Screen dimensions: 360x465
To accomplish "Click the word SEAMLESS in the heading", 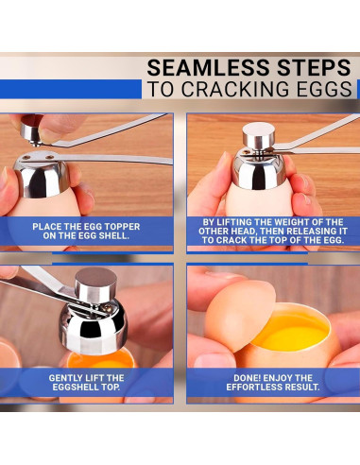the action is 209,67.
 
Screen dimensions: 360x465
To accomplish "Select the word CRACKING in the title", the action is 235,89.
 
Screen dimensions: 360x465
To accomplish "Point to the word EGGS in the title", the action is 323,89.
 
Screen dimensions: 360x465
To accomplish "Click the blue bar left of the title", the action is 71,89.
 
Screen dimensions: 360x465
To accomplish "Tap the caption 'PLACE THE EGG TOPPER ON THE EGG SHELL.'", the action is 86,231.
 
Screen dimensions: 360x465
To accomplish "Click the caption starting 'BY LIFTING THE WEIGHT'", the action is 273,231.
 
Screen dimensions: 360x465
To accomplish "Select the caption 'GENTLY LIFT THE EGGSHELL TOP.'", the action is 86,382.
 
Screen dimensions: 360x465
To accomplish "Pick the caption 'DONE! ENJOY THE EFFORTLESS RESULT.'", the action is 273,382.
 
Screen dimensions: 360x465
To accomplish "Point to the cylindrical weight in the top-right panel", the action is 259,135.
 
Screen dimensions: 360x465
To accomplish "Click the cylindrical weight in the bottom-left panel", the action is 95,285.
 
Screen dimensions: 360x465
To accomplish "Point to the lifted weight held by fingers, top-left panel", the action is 31,129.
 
